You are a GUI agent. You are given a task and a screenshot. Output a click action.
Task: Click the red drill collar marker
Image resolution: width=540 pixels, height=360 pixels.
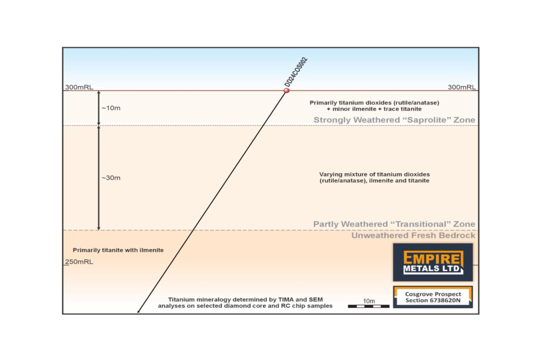[x=286, y=91]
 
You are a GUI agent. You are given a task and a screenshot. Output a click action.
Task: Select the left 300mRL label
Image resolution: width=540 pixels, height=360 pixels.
[x=79, y=87]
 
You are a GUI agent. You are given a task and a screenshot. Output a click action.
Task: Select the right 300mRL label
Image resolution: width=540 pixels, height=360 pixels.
[x=462, y=87]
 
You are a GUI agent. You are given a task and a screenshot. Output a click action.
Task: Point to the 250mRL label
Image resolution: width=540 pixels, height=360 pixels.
[x=80, y=262]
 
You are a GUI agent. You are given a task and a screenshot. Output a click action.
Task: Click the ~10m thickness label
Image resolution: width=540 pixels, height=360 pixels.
[x=111, y=108]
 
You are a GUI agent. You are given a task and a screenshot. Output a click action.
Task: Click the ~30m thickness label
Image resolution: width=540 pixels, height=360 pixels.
[x=111, y=178]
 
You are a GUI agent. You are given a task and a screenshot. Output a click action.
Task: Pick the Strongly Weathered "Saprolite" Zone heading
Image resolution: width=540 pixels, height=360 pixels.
[x=394, y=120]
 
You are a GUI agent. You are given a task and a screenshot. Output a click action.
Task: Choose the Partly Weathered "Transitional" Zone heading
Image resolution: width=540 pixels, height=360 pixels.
[x=394, y=224]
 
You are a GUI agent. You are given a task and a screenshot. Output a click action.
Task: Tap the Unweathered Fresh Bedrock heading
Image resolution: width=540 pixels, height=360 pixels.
[x=413, y=235]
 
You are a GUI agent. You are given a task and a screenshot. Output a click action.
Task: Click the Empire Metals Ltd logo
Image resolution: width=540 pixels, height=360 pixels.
[x=433, y=262]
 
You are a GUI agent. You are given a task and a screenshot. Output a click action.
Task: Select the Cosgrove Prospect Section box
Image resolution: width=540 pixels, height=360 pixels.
[x=433, y=297]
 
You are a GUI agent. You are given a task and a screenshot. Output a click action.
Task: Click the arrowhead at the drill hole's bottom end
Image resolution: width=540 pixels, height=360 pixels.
[x=138, y=311]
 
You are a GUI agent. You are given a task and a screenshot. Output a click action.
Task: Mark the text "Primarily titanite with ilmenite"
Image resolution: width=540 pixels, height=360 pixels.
[x=118, y=250]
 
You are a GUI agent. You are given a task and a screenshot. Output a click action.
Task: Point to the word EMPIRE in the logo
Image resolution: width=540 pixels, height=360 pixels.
[x=433, y=258]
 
